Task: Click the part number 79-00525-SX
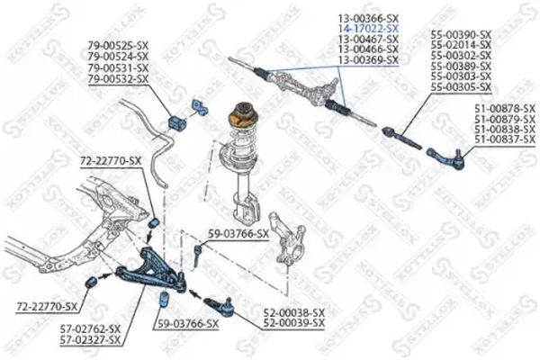point(118,45)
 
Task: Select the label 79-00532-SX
point(118,79)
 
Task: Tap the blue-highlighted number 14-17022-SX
point(368,28)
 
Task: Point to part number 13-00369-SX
point(368,60)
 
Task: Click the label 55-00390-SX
point(461,34)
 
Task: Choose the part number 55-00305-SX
point(461,86)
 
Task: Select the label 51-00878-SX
point(505,109)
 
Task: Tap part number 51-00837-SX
point(505,139)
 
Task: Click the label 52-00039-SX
point(293,323)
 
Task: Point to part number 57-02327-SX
point(91,340)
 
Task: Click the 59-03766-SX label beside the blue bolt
point(238,234)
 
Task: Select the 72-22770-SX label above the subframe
point(111,160)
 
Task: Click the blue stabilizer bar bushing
point(177,123)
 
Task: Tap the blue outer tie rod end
point(446,159)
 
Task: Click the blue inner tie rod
point(401,138)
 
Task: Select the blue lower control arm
point(151,270)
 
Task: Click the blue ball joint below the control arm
point(220,306)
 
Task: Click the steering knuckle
point(286,240)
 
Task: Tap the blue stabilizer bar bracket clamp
point(200,107)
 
